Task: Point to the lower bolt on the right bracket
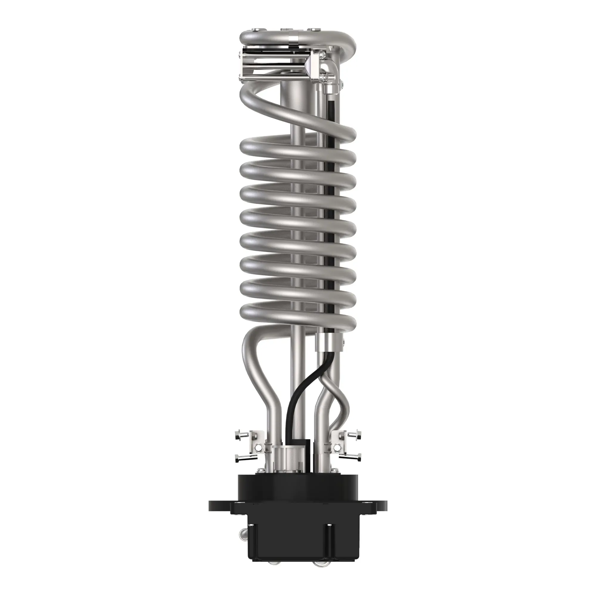pyautogui.click(x=354, y=458)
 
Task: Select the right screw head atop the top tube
pyautogui.click(x=313, y=30)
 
